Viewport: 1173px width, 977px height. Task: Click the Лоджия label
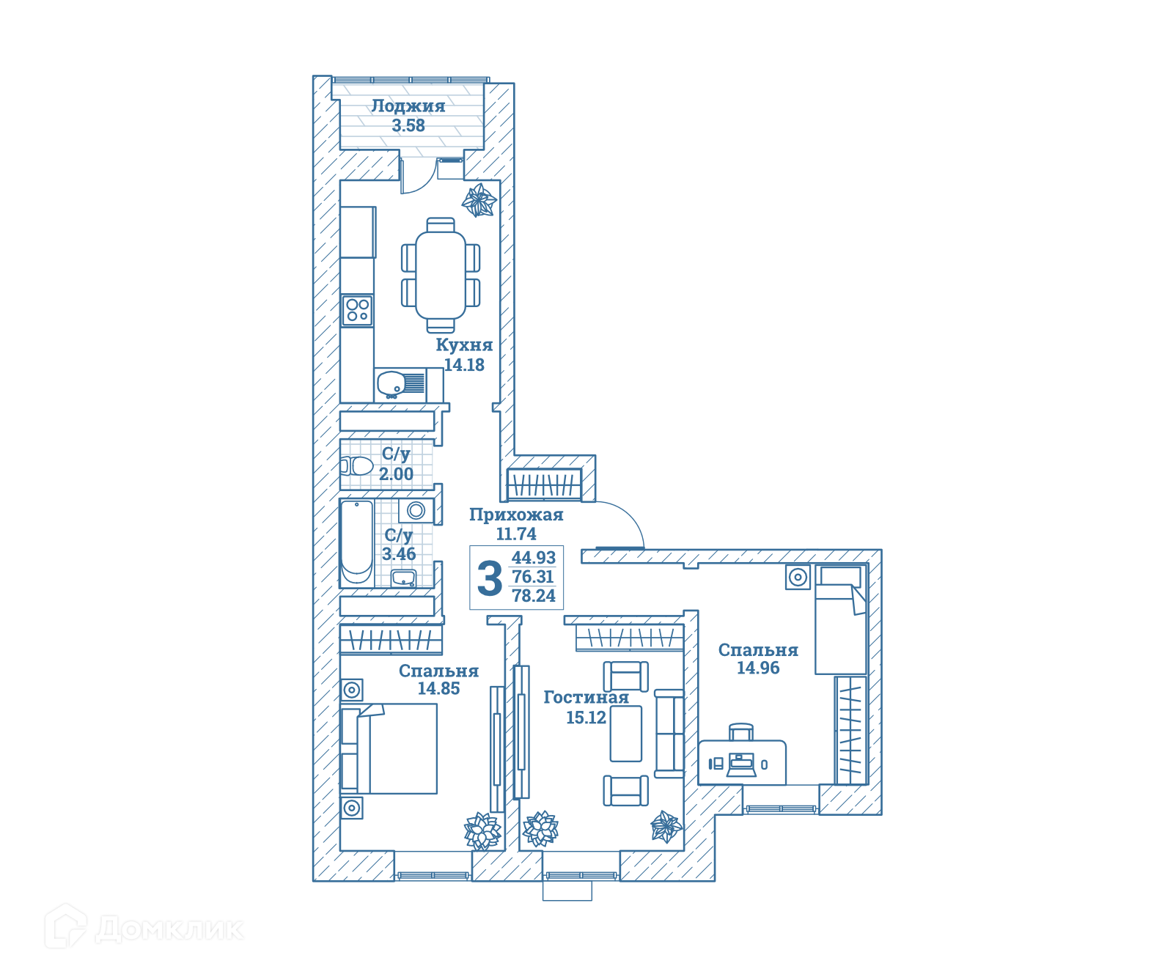pos(408,106)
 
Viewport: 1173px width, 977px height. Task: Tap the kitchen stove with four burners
pos(358,310)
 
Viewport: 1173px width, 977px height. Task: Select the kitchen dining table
pos(441,275)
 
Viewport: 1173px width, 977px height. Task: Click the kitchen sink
pos(400,383)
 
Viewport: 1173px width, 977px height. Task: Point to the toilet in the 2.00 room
pos(356,465)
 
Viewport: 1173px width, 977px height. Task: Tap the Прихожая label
pos(516,515)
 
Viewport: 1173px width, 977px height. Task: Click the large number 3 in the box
pos(490,578)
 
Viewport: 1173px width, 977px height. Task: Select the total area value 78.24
pos(534,596)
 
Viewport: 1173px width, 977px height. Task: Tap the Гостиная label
pos(586,698)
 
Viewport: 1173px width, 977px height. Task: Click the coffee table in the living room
pos(626,734)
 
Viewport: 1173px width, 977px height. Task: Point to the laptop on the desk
pos(741,765)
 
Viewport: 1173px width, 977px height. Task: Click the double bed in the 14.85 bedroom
pos(389,749)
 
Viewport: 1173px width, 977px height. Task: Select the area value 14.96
pos(758,668)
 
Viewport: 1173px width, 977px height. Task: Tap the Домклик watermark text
pos(169,929)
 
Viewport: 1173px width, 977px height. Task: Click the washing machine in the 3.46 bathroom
pos(416,510)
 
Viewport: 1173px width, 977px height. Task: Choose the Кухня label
pos(464,345)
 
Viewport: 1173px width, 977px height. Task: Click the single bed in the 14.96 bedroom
pos(841,619)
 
